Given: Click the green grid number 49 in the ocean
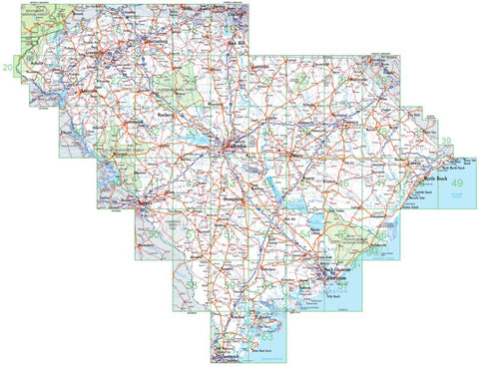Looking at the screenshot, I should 458,184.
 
